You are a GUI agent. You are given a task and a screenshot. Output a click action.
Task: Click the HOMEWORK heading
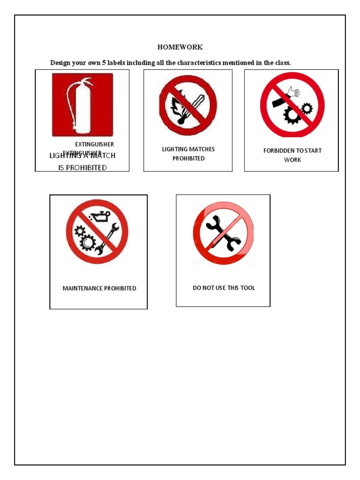[x=180, y=47]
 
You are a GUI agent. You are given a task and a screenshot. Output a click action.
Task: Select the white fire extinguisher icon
[x=79, y=104]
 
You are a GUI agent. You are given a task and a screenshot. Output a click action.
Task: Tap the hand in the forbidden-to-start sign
[x=294, y=91]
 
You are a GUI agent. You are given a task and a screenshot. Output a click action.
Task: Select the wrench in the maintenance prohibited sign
[x=108, y=239]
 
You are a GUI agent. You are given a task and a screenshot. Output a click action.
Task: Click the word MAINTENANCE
[x=82, y=288]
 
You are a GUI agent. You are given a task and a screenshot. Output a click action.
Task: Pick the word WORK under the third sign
[x=292, y=160]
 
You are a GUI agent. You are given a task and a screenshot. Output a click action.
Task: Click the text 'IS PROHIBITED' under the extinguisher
[x=82, y=167]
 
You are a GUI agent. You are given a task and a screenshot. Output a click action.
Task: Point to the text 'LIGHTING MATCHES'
[x=188, y=149]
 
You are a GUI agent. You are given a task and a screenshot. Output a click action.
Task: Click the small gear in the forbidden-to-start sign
[x=307, y=109]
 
